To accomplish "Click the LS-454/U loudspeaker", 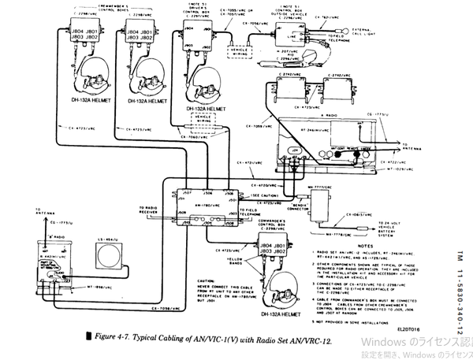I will click(x=104, y=256).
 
